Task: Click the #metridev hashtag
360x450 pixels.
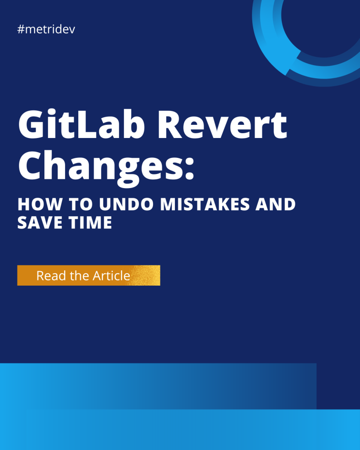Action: click(46, 29)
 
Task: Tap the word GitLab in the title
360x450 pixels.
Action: click(81, 124)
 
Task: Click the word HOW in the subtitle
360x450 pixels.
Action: click(40, 204)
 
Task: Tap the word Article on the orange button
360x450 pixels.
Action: click(111, 276)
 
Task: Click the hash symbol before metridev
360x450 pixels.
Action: click(21, 29)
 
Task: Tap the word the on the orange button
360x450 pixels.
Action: click(80, 276)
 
